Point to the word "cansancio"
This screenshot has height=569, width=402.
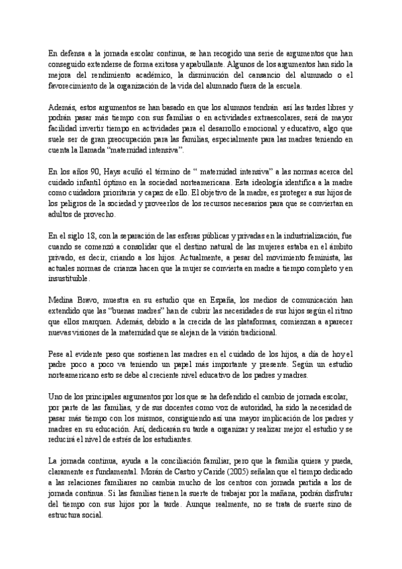click(259, 74)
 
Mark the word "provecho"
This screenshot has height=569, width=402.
click(100, 215)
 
